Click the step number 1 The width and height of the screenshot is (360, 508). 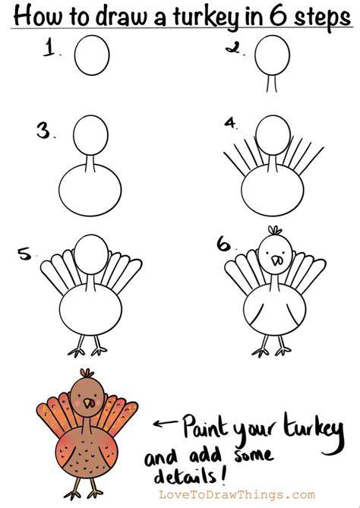(49, 47)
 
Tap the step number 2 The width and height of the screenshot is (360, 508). (233, 48)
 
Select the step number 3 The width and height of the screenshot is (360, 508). (44, 130)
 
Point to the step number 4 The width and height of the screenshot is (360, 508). (231, 123)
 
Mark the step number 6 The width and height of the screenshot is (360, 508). (224, 244)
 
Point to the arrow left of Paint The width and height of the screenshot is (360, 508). (166, 423)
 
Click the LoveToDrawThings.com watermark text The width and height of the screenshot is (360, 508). (236, 495)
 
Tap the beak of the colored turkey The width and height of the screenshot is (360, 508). (88, 403)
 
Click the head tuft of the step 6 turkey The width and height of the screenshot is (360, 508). (275, 231)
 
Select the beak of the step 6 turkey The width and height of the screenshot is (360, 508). (276, 260)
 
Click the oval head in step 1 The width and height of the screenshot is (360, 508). (92, 55)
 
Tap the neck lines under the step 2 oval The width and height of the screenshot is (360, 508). (272, 83)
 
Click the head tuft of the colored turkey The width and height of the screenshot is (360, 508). (87, 373)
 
